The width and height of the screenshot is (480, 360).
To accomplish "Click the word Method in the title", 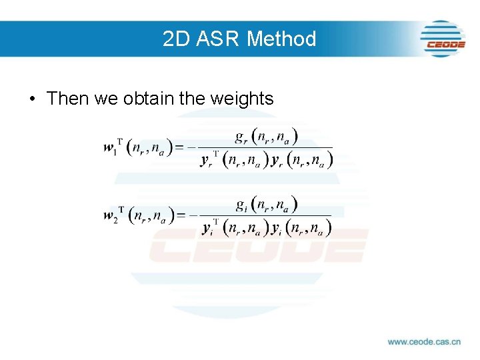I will [281, 39].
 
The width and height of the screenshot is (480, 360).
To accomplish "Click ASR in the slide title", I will [216, 39].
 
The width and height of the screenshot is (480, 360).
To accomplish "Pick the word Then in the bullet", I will [67, 99].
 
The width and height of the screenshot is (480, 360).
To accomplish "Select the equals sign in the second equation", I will [178, 215].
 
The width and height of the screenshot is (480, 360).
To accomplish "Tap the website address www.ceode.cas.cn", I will [424, 342].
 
